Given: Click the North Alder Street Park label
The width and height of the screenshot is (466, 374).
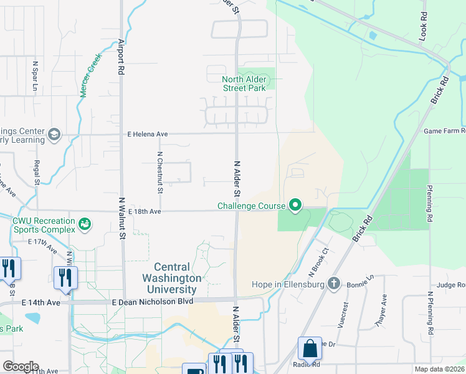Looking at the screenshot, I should click(x=244, y=84).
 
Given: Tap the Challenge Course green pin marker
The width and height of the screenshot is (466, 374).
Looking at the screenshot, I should click(x=295, y=205).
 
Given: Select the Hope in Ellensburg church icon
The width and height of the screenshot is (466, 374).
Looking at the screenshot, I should click(x=334, y=284).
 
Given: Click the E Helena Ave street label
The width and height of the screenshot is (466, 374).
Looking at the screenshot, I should click(x=148, y=134).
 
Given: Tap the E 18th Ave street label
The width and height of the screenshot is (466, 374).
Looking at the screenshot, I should click(x=145, y=212).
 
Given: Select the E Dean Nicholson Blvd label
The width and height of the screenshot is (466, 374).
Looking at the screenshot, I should click(x=153, y=302).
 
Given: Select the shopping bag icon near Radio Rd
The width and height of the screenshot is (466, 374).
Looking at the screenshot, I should click(x=310, y=349).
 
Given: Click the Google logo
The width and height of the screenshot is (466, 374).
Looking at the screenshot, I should click(x=21, y=367).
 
